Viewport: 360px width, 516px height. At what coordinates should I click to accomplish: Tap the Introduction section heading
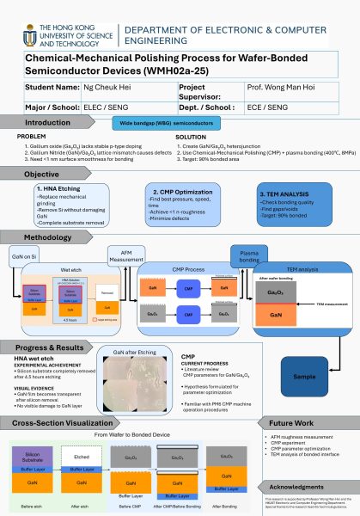point(48,123)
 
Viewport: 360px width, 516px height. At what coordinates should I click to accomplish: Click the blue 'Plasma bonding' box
point(248,256)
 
